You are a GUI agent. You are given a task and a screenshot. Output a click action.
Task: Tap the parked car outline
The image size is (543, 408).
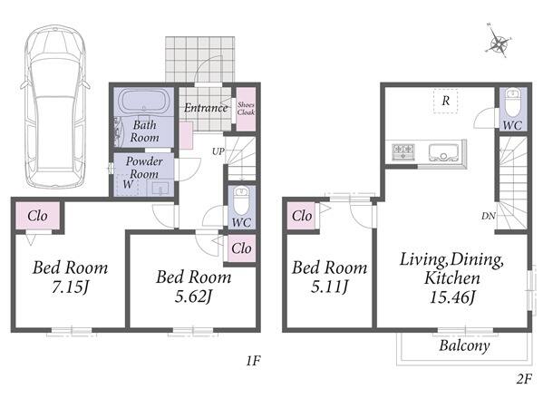(x=55, y=107)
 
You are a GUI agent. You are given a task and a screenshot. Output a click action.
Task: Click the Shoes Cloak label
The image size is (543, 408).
(x=246, y=109)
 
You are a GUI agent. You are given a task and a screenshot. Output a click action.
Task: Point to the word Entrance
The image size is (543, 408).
(x=206, y=108)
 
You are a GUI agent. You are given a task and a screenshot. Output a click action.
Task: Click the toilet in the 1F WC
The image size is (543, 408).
(x=241, y=201)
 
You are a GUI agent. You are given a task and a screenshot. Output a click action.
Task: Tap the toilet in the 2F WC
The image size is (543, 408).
(x=512, y=102)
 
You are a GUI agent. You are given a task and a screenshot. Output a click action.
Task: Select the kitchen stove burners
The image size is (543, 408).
(x=403, y=151)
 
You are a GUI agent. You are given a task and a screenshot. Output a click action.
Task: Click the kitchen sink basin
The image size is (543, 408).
(x=444, y=152)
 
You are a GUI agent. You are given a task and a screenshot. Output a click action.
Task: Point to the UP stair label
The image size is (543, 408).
(x=218, y=151)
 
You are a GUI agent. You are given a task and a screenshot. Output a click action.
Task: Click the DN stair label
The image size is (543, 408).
(x=489, y=216)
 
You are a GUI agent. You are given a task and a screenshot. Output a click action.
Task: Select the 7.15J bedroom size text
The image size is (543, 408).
(x=71, y=287)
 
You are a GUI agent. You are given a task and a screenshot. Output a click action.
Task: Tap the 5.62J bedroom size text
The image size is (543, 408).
(x=193, y=296)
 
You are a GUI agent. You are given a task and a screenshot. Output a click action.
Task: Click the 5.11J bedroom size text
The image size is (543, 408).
(x=329, y=287)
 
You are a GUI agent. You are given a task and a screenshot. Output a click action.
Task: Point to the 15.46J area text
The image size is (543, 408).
(x=452, y=297)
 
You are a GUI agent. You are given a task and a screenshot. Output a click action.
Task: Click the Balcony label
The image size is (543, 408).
(x=464, y=345)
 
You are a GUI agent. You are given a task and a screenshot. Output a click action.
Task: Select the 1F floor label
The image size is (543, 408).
(x=253, y=361)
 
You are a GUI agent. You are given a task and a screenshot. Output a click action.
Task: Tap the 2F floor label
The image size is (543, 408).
(x=524, y=379)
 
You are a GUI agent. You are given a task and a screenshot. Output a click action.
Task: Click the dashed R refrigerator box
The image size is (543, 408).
(x=446, y=101)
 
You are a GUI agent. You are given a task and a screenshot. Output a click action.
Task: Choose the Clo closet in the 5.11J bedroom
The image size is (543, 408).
(x=302, y=216)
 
